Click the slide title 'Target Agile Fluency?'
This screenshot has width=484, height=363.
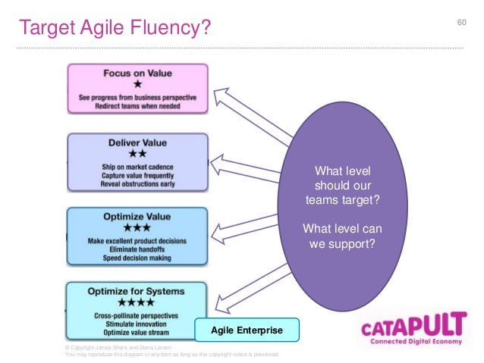coord(113,28)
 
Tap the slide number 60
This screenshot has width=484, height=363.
coord(460,20)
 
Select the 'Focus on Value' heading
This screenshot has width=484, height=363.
coord(137,74)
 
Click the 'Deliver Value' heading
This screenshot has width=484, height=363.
coord(137,142)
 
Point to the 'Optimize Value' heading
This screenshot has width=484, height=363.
coord(137,215)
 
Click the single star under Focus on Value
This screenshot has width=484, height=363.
coord(137,86)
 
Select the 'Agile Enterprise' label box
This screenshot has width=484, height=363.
coord(247,330)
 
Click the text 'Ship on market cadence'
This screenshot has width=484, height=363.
coord(137,167)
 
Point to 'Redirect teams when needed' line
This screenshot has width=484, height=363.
coord(137,105)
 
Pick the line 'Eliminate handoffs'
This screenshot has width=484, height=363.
coord(137,249)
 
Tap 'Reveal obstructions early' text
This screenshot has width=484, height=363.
coord(137,184)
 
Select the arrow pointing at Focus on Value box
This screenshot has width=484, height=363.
coord(250,114)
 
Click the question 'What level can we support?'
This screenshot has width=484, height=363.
coord(342,236)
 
